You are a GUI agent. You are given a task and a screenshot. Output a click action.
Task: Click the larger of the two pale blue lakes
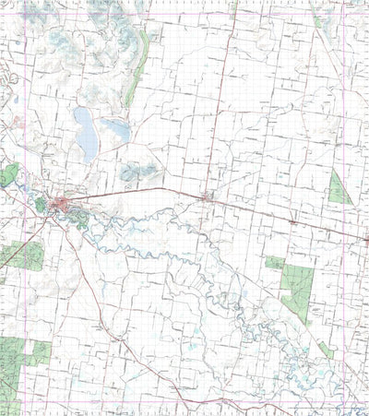(x=85, y=133)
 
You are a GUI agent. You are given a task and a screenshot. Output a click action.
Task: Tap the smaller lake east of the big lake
(x=116, y=129)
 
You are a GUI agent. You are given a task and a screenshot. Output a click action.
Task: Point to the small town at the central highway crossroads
(x=208, y=196)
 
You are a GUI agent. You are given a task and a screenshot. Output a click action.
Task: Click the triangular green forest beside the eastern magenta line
(x=338, y=188)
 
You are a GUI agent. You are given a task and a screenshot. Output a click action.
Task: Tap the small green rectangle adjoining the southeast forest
(x=274, y=263)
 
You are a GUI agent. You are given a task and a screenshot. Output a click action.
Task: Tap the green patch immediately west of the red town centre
(x=40, y=204)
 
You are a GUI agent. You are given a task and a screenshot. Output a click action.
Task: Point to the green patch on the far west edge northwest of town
(x=8, y=174)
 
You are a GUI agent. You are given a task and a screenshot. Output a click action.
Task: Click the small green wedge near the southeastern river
(x=325, y=350)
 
